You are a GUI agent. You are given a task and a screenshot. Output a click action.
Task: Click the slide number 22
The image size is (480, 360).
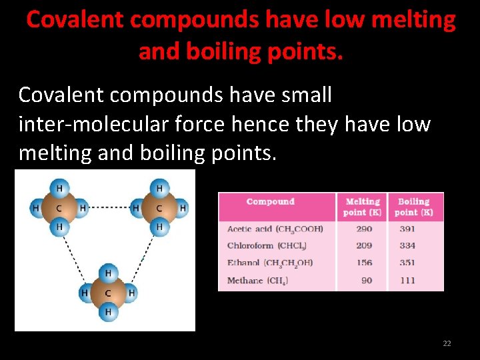click(447, 343)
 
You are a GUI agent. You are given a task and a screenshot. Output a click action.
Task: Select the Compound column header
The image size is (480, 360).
click(270, 201)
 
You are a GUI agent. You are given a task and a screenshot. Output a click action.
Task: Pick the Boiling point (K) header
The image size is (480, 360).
click(413, 207)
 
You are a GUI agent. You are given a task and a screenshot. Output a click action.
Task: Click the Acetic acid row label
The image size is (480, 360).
click(275, 229)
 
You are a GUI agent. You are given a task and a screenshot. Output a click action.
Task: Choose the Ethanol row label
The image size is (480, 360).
click(270, 263)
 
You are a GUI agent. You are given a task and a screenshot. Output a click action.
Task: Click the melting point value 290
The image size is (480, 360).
click(364, 229)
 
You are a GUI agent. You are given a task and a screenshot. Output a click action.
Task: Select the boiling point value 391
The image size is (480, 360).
click(407, 229)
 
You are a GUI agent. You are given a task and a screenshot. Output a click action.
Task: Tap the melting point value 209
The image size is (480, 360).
click(364, 245)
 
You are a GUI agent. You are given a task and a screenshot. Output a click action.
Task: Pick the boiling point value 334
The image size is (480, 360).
click(407, 245)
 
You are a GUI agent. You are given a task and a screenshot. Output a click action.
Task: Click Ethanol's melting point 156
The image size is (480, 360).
click(364, 263)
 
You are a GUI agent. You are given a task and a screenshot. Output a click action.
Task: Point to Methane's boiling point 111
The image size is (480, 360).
click(407, 280)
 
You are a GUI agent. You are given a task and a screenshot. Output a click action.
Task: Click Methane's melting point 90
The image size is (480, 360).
click(367, 280)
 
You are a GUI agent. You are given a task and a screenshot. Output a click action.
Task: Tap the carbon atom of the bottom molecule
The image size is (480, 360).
click(108, 293)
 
